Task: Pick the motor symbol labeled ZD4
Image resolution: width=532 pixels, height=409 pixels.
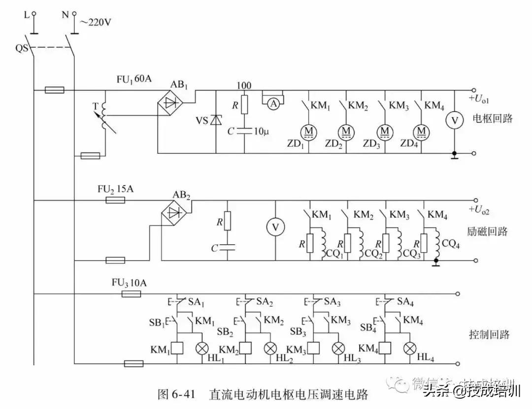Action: [422, 131]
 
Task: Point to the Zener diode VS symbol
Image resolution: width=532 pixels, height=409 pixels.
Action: [216, 119]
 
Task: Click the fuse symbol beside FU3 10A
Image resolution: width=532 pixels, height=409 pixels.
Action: [131, 293]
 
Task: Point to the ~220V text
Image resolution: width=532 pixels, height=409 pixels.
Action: [95, 22]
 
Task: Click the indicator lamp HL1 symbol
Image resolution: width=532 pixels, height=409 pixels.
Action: [202, 349]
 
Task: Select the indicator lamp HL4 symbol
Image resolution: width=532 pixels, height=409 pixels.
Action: [409, 349]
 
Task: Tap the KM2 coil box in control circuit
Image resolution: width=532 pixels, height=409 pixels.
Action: [246, 349]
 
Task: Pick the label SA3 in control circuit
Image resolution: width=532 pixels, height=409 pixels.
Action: [331, 301]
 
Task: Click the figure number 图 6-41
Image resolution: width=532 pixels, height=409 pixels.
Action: [177, 395]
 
